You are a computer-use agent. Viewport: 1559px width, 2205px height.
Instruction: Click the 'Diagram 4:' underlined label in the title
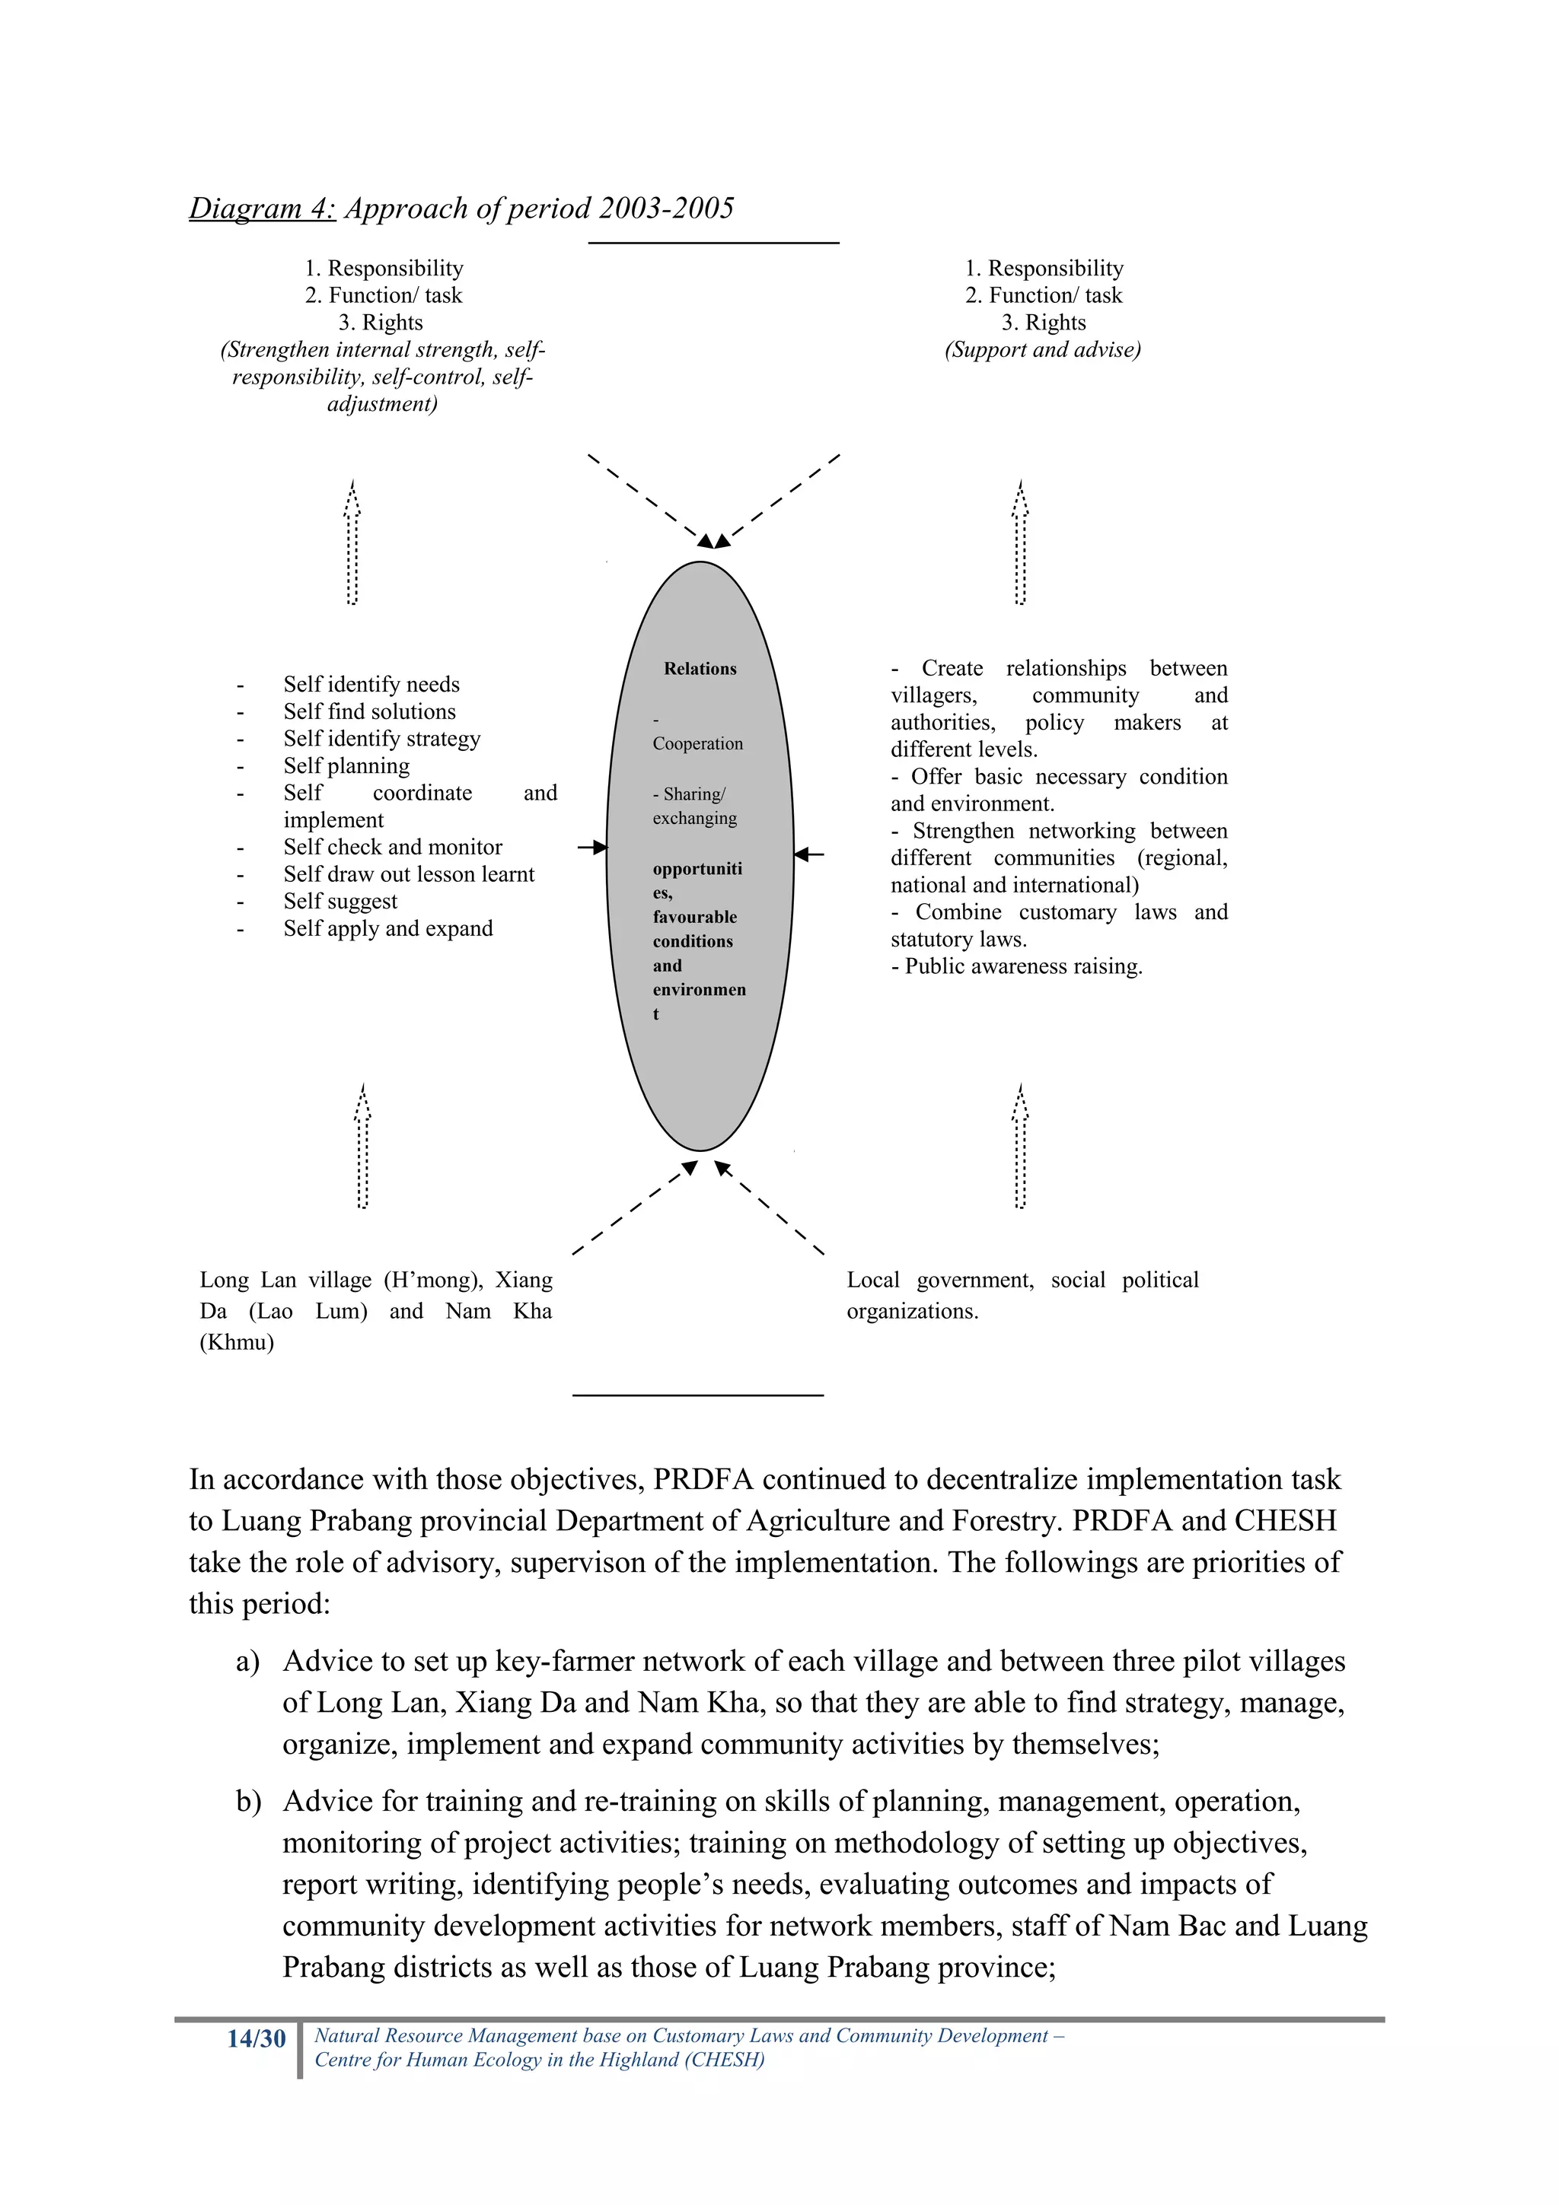tap(262, 208)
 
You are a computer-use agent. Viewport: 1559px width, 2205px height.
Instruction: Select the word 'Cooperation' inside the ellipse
tap(697, 743)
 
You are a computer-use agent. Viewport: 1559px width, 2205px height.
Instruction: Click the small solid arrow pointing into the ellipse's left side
tap(594, 847)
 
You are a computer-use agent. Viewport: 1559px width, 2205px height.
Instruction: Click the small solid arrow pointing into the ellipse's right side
tap(810, 854)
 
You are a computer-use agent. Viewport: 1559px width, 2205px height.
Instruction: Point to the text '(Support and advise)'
tap(1042, 349)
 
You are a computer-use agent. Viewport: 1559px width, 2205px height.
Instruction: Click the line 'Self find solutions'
tap(369, 711)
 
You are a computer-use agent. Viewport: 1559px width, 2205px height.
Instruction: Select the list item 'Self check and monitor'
tap(392, 847)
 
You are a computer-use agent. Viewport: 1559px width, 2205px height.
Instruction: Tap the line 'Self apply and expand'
tap(387, 929)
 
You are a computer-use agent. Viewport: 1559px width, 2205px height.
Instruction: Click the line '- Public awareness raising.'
tap(1016, 966)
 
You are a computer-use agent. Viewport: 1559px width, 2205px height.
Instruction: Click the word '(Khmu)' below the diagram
tap(236, 1343)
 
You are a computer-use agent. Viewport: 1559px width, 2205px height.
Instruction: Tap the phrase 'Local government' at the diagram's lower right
tap(939, 1281)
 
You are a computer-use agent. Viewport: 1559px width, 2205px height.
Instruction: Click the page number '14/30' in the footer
tap(257, 2039)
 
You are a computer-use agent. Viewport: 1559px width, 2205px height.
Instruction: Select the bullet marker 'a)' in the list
tap(248, 1662)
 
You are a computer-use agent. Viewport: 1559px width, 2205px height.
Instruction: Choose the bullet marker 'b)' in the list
tap(249, 1802)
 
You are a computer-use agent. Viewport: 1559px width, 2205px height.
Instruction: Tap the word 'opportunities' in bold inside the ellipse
tap(697, 869)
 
